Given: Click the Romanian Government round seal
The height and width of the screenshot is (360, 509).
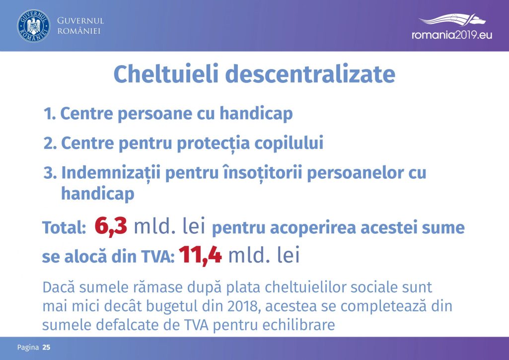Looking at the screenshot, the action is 34,26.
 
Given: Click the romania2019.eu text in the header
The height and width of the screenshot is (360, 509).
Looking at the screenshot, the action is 452,35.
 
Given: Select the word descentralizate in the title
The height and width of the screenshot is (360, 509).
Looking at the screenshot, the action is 310,74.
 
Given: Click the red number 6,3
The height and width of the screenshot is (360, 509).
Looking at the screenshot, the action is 111,226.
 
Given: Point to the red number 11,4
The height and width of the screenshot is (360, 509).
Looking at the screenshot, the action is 200,255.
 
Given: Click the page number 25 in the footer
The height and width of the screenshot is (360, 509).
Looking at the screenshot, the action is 46,348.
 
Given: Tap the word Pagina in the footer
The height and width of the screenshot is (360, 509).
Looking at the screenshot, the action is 28,348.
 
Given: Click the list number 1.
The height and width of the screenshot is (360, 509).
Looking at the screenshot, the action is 50,114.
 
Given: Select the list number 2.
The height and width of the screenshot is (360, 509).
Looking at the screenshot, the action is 50,143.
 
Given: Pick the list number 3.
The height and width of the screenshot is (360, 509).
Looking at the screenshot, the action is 50,172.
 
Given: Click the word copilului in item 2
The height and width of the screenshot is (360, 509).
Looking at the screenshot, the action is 289,143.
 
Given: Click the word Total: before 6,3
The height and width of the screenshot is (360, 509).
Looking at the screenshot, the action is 64,227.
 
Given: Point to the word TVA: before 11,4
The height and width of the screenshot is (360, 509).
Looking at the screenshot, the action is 158,257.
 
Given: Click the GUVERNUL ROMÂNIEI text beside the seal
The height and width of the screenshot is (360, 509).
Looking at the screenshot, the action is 80,26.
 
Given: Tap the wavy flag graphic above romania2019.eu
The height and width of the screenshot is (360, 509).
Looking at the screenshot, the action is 452,19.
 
